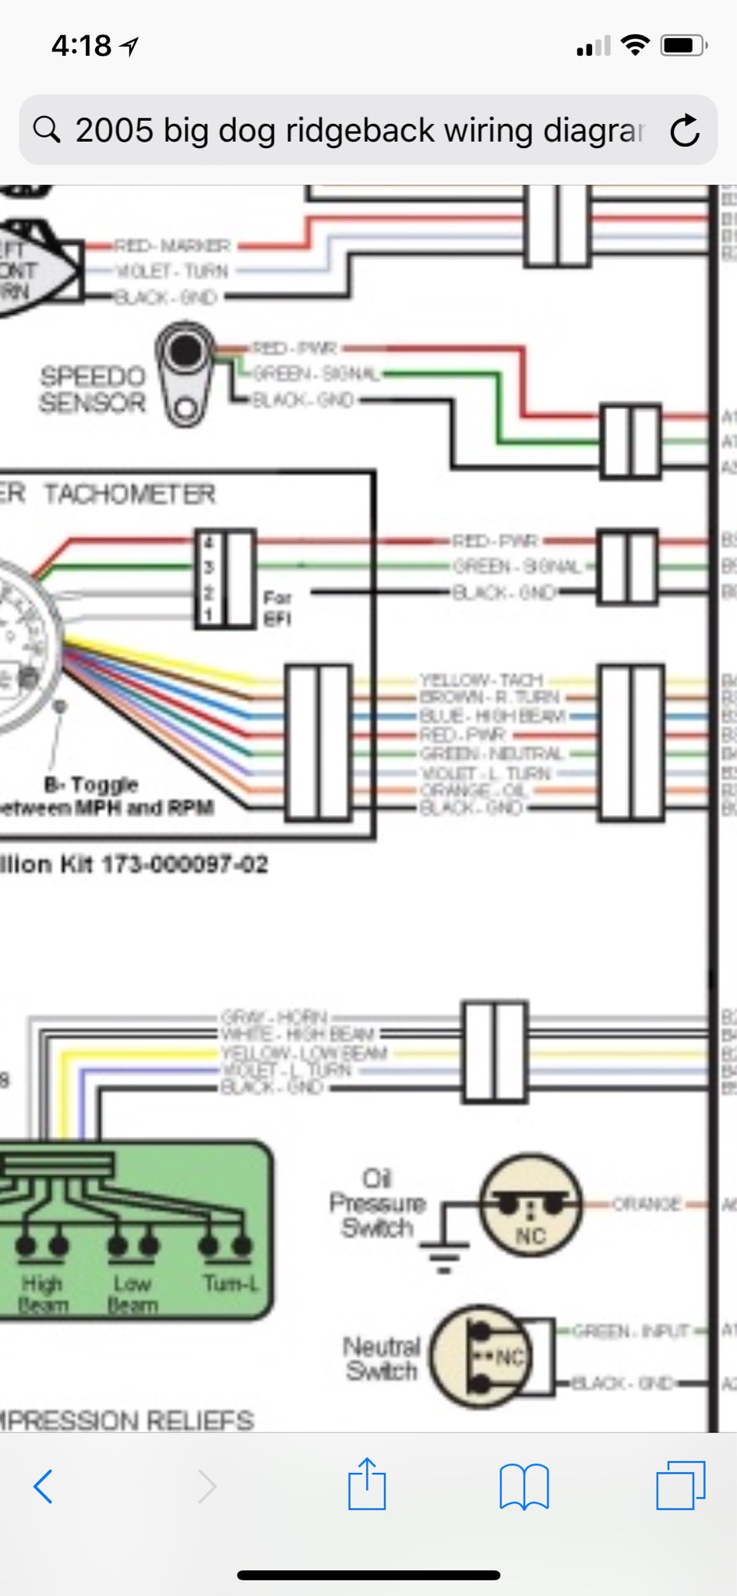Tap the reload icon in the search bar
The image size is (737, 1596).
coord(685,130)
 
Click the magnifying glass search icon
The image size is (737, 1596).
coord(47,129)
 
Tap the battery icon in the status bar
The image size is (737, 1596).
coord(683,46)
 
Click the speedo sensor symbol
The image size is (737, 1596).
coord(185,375)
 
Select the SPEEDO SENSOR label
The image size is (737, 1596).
coord(93,390)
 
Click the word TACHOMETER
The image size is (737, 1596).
coord(129,494)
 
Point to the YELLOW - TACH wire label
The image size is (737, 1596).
coord(481,680)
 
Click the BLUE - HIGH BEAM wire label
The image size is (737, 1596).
coord(492,715)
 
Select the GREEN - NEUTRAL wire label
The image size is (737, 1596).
coord(491,754)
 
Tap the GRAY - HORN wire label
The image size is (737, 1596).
coord(273,1017)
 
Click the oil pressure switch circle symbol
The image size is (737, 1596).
coord(531,1205)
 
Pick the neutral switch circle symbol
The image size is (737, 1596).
coord(481,1356)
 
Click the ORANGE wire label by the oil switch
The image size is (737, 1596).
coord(646,1204)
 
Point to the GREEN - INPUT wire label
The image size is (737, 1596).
coord(631,1330)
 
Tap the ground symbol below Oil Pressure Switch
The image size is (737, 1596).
coord(444,1250)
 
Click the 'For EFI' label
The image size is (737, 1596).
coord(277,608)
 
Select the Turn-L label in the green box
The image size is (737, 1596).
coord(231,1283)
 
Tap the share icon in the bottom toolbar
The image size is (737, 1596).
coord(367,1485)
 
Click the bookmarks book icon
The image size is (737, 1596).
coord(524,1486)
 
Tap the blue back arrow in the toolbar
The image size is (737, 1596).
coord(44,1486)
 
